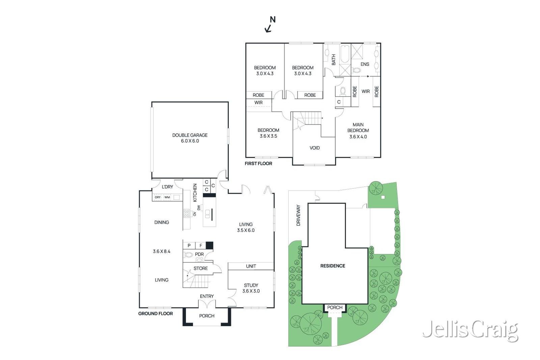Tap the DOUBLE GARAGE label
(x=190, y=138)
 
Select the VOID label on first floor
(x=315, y=148)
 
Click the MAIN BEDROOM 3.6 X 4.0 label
(x=358, y=131)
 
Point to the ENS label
(x=365, y=64)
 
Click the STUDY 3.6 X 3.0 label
(x=251, y=288)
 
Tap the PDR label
(x=199, y=254)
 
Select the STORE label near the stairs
(x=200, y=268)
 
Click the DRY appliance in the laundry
(x=158, y=197)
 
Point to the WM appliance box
(x=167, y=197)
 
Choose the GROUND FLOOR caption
(x=156, y=313)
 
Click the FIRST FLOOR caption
(x=259, y=163)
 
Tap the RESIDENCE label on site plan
(x=332, y=266)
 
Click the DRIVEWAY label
(x=298, y=215)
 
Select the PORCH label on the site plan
(x=335, y=307)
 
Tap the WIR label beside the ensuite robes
(x=366, y=91)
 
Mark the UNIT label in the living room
(x=251, y=266)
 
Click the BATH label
(x=334, y=60)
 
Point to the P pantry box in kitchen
(x=189, y=245)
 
